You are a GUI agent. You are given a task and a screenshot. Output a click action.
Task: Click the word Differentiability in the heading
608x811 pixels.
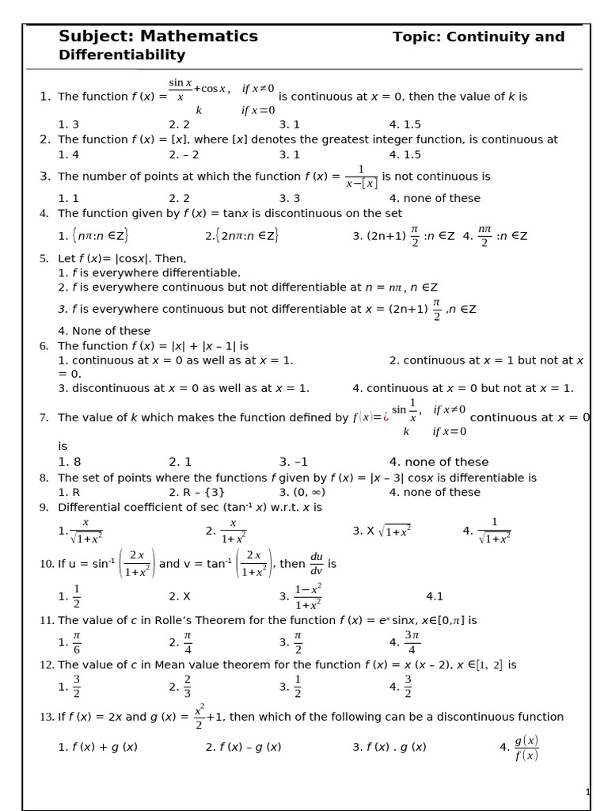[122, 55]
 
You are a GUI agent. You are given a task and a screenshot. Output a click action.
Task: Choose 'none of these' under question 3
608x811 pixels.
[435, 198]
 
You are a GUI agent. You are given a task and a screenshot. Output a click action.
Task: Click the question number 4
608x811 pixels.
[44, 213]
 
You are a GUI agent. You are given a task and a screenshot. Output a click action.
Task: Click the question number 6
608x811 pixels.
[44, 346]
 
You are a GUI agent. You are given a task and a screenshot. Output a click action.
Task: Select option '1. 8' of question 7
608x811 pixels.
[70, 462]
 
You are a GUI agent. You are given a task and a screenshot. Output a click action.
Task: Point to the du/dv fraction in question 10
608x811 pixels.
[316, 564]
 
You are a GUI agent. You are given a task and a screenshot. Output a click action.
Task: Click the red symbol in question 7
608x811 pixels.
[386, 417]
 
